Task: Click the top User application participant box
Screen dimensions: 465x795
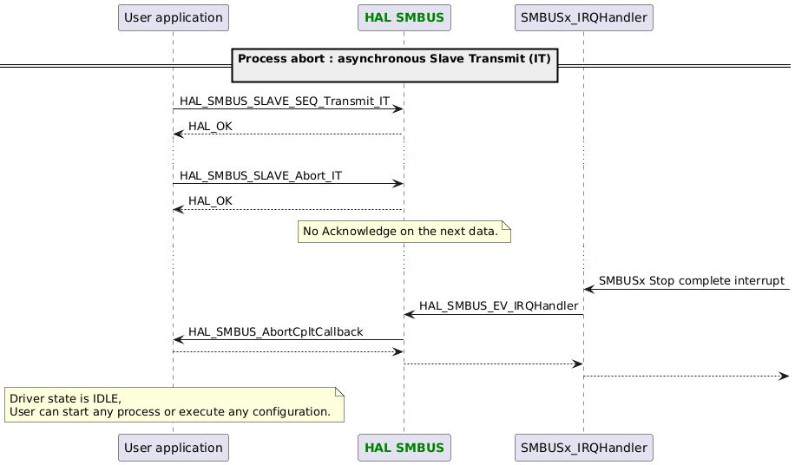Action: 173,17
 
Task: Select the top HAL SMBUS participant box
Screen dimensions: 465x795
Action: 404,17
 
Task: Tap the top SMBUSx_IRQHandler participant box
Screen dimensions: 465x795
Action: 582,17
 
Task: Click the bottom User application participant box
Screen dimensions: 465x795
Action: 173,449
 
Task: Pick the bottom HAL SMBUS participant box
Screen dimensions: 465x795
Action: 404,449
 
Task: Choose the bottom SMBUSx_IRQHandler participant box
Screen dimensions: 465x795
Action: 582,449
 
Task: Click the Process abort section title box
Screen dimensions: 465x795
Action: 395,65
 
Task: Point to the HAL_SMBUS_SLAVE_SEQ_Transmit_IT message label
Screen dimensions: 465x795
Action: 284,102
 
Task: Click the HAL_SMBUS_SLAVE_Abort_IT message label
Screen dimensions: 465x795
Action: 260,176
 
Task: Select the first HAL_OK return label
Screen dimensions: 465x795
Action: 210,127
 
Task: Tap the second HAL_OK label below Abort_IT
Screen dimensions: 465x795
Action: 210,201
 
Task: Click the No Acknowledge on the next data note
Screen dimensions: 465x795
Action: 404,232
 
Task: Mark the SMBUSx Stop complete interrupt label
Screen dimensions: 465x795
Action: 691,281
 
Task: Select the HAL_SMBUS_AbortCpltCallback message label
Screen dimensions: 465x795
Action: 275,331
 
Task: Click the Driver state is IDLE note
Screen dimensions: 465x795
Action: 174,404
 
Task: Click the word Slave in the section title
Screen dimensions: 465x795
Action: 433,58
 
